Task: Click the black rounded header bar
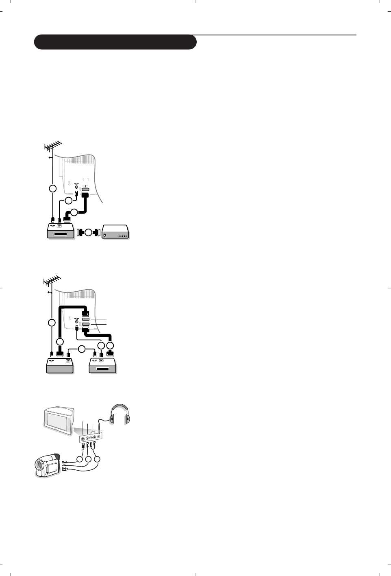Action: coord(115,42)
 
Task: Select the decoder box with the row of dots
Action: coord(116,232)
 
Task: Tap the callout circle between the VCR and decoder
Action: coord(88,233)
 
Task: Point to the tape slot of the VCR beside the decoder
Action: coord(60,234)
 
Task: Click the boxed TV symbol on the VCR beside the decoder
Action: coord(59,225)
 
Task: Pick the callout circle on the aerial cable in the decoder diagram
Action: coord(52,189)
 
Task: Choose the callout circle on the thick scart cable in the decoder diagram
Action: coord(74,212)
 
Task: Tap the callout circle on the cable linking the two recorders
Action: coord(81,349)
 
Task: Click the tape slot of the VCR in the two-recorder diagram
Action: coord(102,369)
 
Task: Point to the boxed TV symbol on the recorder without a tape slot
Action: coord(68,360)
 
